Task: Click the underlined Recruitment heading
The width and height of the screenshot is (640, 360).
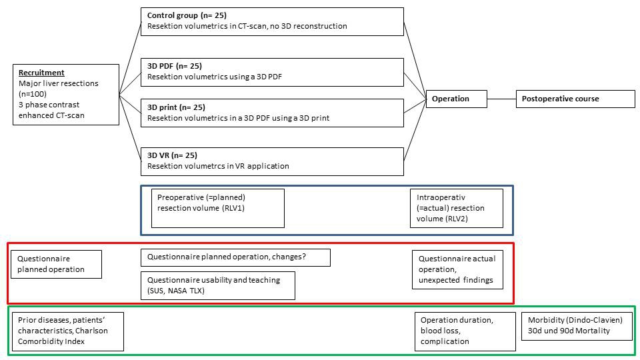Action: point(41,73)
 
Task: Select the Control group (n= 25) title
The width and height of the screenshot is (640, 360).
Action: point(187,15)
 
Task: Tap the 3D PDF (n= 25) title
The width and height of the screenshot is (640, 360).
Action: point(174,66)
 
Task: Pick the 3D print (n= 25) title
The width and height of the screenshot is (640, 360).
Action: point(176,107)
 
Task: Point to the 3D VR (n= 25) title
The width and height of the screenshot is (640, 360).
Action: point(172,155)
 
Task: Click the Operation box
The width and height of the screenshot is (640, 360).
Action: point(456,99)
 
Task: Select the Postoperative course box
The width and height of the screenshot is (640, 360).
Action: point(575,99)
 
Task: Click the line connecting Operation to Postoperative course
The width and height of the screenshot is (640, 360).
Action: point(501,99)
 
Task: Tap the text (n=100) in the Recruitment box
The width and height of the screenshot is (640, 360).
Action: point(33,94)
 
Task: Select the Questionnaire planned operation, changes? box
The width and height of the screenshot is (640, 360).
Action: point(235,257)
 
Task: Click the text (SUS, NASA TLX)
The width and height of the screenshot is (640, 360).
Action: point(176,291)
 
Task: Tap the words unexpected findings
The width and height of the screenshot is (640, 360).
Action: point(455,280)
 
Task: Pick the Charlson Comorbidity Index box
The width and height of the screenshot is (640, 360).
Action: point(68,331)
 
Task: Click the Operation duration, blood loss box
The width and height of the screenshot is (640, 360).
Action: point(465,331)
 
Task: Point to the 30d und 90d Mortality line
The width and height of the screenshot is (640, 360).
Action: point(569,331)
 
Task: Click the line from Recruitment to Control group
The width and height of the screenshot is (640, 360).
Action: point(130,59)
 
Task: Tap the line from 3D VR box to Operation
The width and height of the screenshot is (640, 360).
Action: point(415,130)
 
